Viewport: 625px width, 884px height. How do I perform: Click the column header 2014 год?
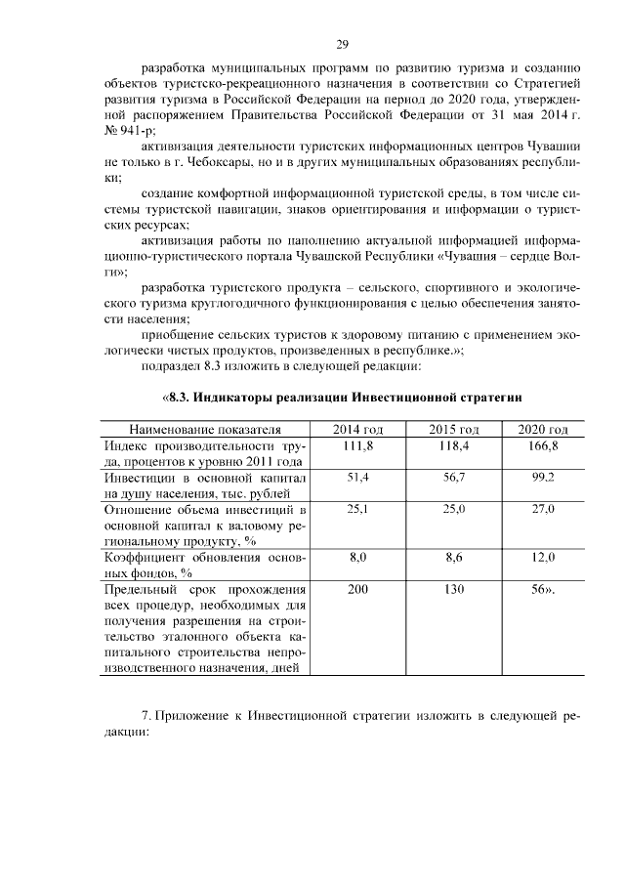pyautogui.click(x=357, y=429)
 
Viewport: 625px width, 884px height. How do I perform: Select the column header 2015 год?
pyautogui.click(x=454, y=429)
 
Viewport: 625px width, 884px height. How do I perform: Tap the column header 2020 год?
pyautogui.click(x=543, y=429)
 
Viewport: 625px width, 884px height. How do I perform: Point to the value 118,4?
pyautogui.click(x=454, y=445)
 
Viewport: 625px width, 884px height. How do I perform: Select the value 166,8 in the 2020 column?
pyautogui.click(x=543, y=445)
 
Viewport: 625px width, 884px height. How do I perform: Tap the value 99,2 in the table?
pyautogui.click(x=543, y=478)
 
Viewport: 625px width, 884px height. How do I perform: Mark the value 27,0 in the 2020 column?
pyautogui.click(x=543, y=510)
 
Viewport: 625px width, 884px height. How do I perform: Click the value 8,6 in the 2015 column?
pyautogui.click(x=454, y=558)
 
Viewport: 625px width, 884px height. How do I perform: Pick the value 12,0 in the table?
pyautogui.click(x=543, y=558)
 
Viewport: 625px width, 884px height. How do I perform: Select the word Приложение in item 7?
pyautogui.click(x=194, y=717)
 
